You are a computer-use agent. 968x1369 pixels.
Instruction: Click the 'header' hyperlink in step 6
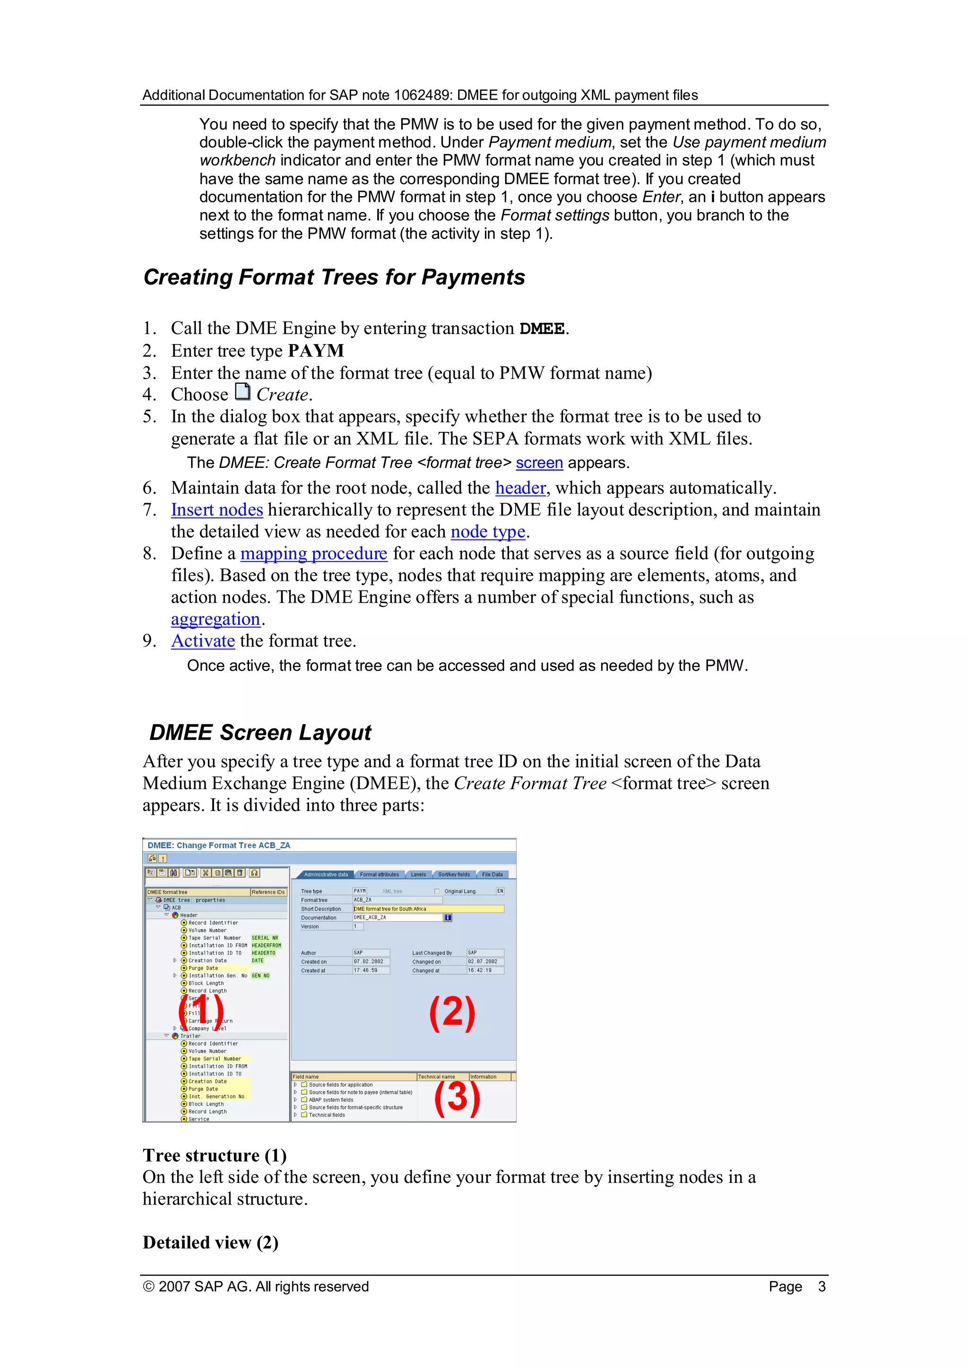tap(520, 488)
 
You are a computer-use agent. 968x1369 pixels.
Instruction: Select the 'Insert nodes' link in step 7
tap(216, 510)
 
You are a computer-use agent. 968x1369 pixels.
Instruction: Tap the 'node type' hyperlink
tap(487, 532)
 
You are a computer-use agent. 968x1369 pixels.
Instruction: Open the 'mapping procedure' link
tap(314, 554)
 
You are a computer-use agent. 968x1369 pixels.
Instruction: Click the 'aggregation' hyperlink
tap(216, 620)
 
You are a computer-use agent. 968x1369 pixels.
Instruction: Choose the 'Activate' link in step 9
tap(203, 642)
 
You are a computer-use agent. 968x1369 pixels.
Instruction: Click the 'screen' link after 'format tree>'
tap(539, 463)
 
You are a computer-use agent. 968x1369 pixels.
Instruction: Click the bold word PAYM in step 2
tap(316, 351)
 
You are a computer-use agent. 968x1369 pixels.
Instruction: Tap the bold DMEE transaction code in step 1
tap(542, 329)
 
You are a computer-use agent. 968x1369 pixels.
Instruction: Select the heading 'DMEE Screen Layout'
tap(260, 733)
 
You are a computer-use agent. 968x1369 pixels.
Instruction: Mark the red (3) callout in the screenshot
tap(456, 1098)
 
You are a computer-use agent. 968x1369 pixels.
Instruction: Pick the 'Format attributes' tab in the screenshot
tap(380, 875)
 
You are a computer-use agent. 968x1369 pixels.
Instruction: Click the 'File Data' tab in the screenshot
tap(492, 875)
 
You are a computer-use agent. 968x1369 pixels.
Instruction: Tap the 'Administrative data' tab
tap(326, 875)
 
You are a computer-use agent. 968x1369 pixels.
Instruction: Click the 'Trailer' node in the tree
tap(190, 1036)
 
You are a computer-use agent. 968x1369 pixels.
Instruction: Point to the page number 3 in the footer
tap(821, 1287)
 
